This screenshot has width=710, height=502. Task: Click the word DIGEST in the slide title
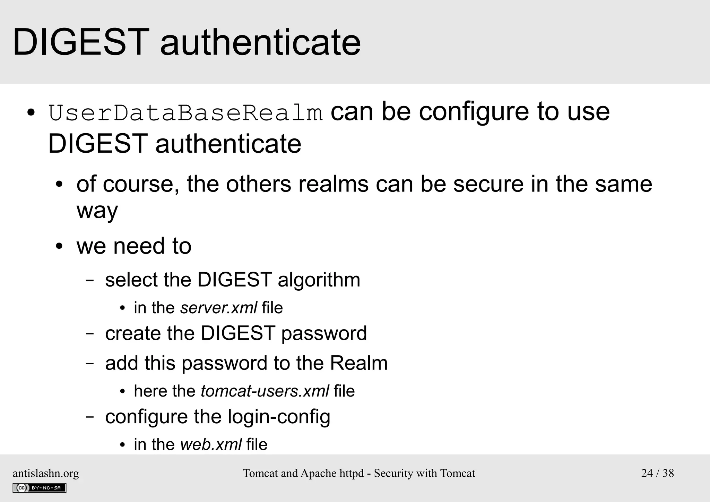click(81, 42)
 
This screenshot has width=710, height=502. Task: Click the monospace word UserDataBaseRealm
click(185, 113)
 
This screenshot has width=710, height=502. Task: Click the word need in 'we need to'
click(139, 246)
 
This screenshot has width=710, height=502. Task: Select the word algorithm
click(319, 280)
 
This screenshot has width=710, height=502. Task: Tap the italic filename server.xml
click(218, 308)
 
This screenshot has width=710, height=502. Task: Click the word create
click(133, 333)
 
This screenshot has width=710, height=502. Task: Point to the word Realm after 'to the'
click(358, 363)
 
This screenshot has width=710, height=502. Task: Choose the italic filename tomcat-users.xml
click(265, 391)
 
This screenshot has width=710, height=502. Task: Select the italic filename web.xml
click(211, 445)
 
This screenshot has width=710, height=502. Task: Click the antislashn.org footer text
click(46, 473)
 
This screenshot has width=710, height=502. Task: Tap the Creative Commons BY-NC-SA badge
click(39, 488)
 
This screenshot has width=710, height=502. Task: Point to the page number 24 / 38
click(657, 473)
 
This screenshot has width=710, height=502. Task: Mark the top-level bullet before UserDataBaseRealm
click(31, 113)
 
